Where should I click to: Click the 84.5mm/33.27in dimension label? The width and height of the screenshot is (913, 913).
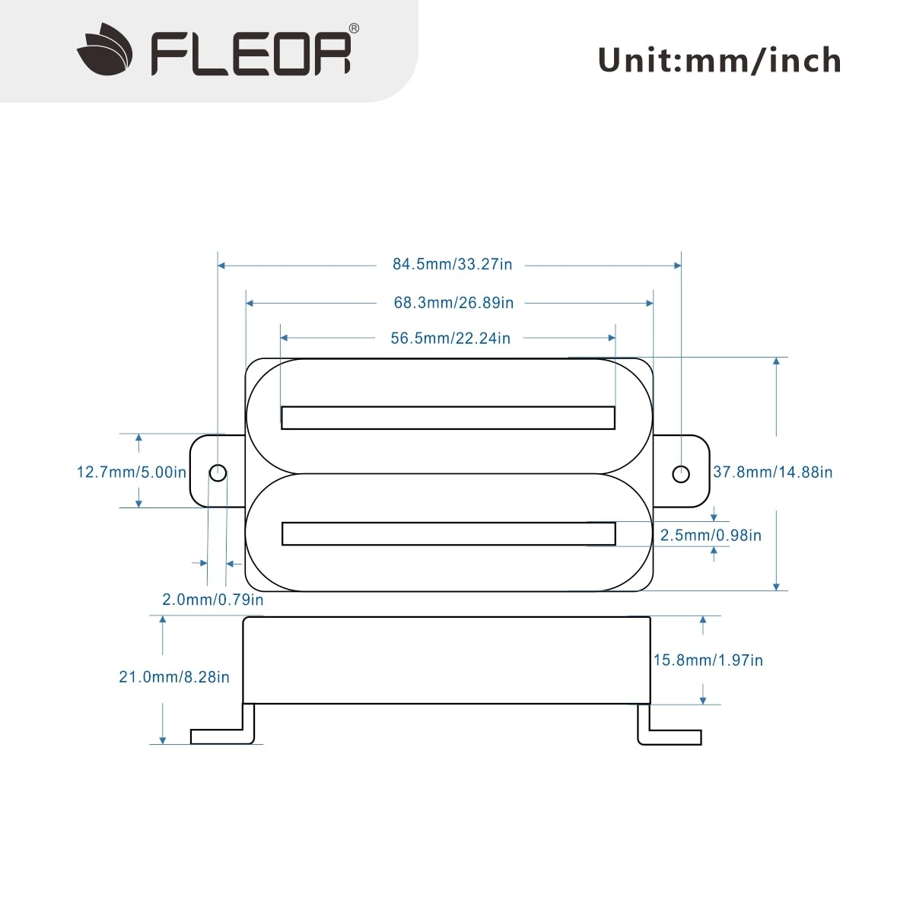click(x=452, y=265)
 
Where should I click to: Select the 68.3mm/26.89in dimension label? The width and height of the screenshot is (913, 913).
click(x=453, y=303)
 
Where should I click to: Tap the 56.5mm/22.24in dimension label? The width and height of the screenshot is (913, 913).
click(x=450, y=339)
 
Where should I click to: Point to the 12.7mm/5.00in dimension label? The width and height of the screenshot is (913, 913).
click(x=131, y=472)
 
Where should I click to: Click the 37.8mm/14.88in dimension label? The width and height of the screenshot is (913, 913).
click(x=772, y=472)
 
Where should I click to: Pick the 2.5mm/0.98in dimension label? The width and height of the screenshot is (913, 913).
click(x=710, y=536)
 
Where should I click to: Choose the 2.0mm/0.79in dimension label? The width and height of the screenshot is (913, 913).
click(x=213, y=600)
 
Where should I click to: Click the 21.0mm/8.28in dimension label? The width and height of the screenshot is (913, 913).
click(x=173, y=677)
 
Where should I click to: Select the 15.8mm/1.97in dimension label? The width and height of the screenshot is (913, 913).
click(x=708, y=660)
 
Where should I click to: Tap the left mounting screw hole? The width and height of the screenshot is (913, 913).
click(x=218, y=473)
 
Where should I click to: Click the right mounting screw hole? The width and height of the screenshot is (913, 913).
click(x=681, y=474)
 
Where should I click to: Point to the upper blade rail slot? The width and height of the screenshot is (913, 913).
click(x=448, y=418)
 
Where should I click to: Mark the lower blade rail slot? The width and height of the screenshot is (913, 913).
click(x=448, y=533)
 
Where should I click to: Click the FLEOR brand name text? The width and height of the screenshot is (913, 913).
click(x=250, y=53)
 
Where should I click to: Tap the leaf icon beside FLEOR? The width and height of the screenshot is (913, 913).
click(x=106, y=50)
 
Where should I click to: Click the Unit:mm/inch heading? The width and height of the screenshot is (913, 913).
click(x=719, y=61)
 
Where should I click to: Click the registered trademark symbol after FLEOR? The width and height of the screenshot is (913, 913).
click(x=354, y=29)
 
